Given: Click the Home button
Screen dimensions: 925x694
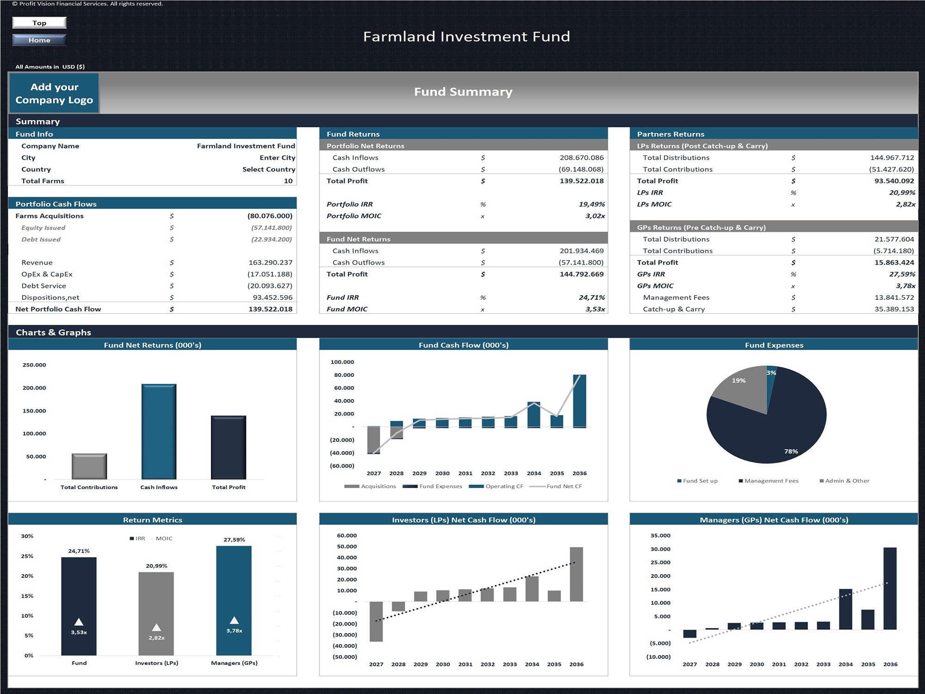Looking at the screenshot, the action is [x=39, y=40].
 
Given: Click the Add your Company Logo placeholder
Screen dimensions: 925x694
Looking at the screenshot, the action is [x=54, y=93].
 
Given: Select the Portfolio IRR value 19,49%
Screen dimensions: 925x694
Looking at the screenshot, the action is [x=592, y=204].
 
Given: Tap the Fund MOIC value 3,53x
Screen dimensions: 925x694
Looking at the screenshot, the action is [x=595, y=309].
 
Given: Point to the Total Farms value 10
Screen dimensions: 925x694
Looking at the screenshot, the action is [x=288, y=181].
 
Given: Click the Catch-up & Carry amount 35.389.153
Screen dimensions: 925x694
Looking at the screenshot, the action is [x=894, y=309].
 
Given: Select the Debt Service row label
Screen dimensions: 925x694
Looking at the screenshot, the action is [x=43, y=286].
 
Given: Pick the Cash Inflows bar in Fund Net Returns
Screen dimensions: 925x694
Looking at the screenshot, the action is [x=159, y=432].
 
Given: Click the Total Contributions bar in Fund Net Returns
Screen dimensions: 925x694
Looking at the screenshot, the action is [x=89, y=466].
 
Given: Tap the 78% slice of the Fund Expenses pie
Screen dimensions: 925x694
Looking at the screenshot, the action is [x=768, y=430].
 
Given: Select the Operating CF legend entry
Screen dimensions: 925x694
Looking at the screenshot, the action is [x=496, y=486].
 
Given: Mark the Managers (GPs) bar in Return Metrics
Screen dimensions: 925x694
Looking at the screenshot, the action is [x=234, y=601].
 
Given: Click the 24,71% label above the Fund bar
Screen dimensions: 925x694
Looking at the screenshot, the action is [x=79, y=551].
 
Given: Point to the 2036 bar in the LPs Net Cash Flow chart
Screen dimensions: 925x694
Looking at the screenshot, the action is [x=576, y=574].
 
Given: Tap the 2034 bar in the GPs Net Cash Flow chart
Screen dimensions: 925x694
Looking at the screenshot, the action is [x=845, y=609].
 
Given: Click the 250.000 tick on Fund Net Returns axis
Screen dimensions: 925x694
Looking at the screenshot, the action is [x=34, y=365].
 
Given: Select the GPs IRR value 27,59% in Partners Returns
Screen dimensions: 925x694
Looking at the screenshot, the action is [x=902, y=274].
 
